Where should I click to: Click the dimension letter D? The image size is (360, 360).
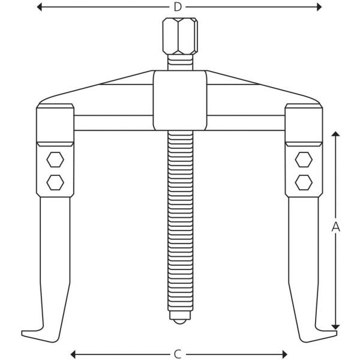pos(178,7)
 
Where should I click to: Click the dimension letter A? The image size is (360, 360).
pos(335,227)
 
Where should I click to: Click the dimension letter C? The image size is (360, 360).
pos(178,354)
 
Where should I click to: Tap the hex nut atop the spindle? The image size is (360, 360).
pos(180,36)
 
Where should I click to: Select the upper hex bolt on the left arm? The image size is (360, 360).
pos(55,160)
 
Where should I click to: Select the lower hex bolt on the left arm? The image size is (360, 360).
pos(55,182)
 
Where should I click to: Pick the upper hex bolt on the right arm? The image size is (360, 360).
pos(304,160)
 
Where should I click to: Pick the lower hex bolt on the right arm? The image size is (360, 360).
pos(304,182)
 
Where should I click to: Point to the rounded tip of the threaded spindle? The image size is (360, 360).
pos(180,322)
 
